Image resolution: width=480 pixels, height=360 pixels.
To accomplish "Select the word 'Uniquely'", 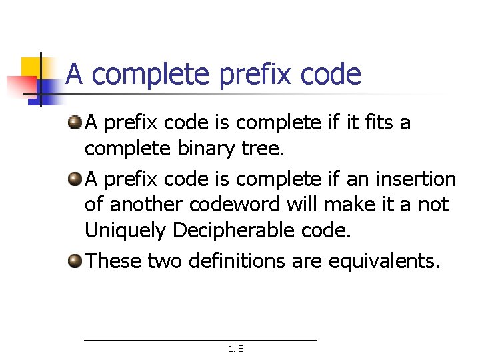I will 125,231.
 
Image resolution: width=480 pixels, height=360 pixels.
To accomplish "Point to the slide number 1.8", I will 236,348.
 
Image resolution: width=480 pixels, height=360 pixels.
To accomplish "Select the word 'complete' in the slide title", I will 150,75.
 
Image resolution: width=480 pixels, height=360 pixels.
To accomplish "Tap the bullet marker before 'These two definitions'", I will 75,260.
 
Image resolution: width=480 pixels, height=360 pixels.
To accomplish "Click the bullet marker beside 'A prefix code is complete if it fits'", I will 75,122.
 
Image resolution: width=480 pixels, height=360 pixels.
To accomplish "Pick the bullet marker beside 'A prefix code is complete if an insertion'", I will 75,179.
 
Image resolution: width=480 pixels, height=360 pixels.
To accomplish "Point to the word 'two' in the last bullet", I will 164,261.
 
